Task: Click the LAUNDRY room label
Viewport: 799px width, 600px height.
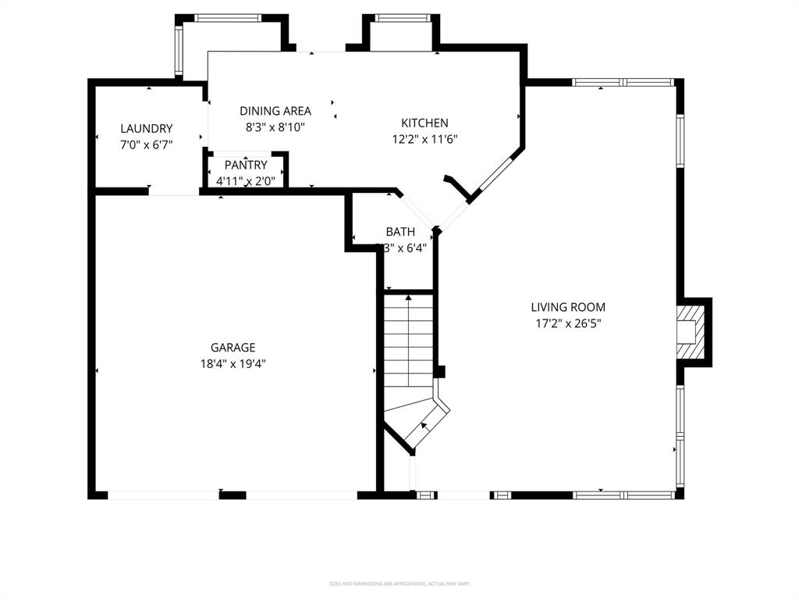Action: [x=146, y=129]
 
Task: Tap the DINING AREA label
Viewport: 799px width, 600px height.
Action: [x=275, y=111]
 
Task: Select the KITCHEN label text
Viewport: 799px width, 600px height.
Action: [x=424, y=123]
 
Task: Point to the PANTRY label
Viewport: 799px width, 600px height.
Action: [x=246, y=165]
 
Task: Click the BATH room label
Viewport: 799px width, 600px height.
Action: [x=400, y=232]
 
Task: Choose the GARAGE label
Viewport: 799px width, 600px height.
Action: [x=233, y=348]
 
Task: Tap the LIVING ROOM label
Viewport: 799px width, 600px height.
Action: [x=568, y=307]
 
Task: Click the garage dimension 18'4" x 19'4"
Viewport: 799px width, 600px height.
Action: [x=233, y=363]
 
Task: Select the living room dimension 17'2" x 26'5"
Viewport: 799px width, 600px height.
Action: [x=568, y=323]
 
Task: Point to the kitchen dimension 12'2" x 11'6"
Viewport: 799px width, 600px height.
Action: [x=424, y=139]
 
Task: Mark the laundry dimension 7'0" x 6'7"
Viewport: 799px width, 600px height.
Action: [x=146, y=145]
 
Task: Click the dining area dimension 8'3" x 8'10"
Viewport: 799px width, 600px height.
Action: [x=275, y=127]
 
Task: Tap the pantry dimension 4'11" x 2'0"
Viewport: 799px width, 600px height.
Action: [x=246, y=180]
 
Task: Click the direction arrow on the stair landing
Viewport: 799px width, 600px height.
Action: [x=424, y=426]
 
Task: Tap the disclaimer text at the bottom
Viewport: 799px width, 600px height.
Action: [x=399, y=584]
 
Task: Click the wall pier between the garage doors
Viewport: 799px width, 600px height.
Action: [x=232, y=495]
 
